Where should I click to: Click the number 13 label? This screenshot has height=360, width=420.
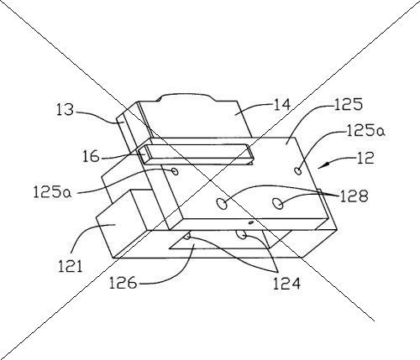pos(66,110)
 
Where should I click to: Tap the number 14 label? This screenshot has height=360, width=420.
pos(281,106)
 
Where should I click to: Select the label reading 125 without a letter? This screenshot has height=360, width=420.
pos(349,104)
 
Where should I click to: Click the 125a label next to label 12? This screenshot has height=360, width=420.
pos(365,130)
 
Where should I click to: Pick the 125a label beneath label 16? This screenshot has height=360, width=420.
pos(52,192)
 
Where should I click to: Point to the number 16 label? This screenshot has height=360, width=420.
pos(91,157)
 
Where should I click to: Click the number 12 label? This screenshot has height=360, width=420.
pos(365,158)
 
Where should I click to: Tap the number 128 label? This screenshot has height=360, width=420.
pos(354,196)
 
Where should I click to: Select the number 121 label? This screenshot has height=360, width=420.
pos(70,266)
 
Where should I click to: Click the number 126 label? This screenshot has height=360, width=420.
pos(123,283)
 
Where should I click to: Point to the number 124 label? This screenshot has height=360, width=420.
pos(286,284)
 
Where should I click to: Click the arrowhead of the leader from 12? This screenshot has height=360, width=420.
pos(322,166)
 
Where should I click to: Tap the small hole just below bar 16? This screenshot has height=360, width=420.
pos(176,171)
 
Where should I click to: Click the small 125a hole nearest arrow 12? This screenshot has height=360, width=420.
pos(298,170)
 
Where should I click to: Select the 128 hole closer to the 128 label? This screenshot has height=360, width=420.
pos(278,203)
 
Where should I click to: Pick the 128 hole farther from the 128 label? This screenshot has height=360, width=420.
pos(222,203)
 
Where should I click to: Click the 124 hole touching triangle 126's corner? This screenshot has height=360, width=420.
pos(187,237)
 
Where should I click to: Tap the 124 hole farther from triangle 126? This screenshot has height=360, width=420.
pos(241,234)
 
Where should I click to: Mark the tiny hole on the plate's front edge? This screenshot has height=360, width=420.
pos(251,222)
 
